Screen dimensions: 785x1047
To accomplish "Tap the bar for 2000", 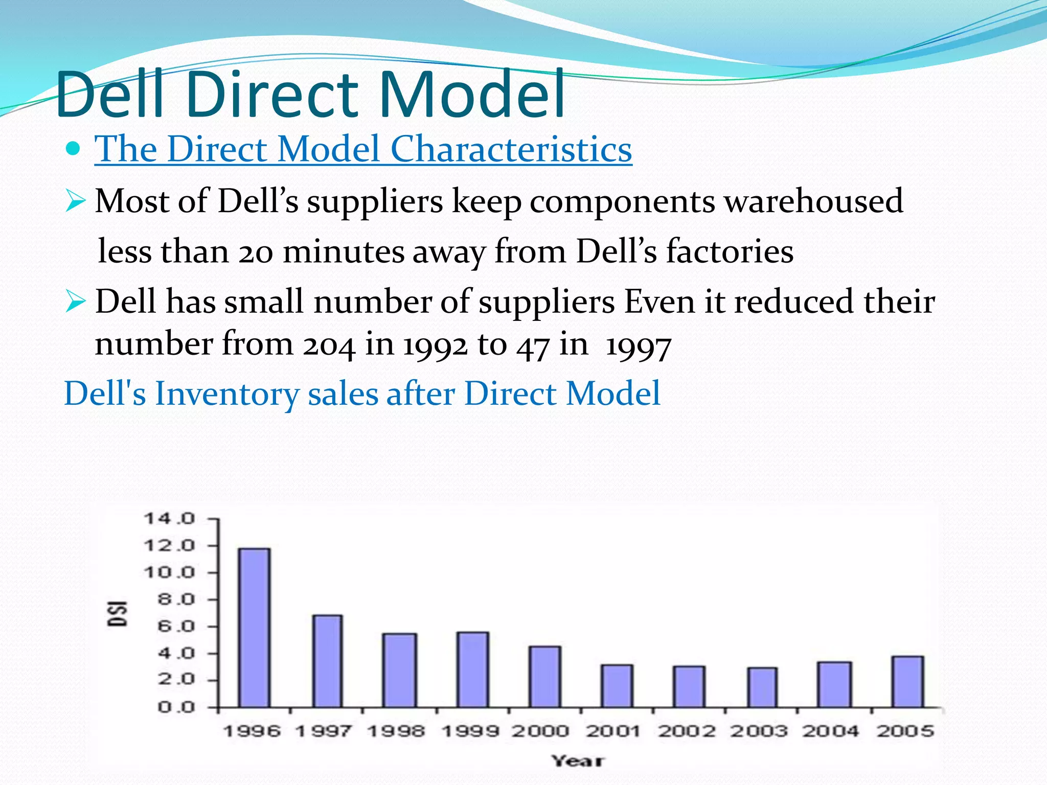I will point(545,677).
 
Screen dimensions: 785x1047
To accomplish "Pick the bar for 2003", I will point(762,687).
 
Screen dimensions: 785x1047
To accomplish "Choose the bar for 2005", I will point(907,682).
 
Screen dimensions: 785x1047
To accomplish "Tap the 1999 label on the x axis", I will point(469,731).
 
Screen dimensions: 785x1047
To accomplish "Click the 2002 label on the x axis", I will point(687,731).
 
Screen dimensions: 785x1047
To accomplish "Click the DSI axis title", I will point(118,613).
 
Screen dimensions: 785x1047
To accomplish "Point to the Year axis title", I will point(578,761).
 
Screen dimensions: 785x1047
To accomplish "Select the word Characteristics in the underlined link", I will point(511,149).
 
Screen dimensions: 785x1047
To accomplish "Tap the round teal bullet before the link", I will point(74,149).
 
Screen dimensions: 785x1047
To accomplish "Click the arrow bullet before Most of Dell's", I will point(75,201).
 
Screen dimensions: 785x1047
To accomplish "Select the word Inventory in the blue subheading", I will point(227,394).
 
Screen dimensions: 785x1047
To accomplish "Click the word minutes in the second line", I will point(344,252).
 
